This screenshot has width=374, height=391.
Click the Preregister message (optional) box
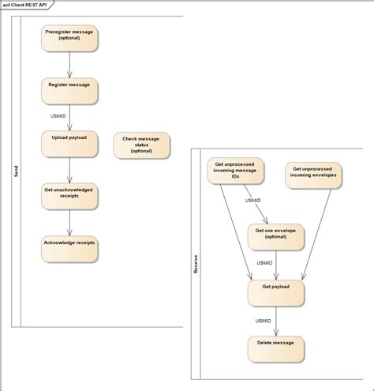(69, 37)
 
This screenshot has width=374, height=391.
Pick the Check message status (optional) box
(141, 146)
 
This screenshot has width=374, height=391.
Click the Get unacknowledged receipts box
(69, 194)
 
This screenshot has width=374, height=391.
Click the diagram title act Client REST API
(28, 5)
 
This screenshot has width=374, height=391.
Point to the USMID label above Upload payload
(58, 116)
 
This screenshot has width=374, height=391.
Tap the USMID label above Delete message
(264, 320)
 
